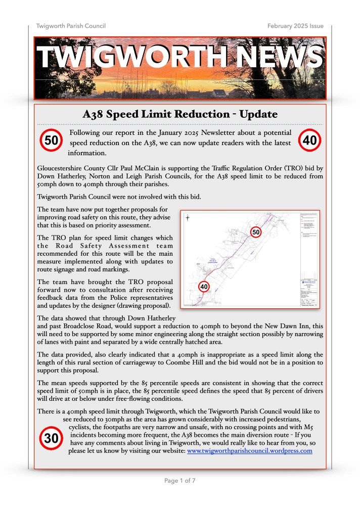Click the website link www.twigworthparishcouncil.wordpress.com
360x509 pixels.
(x=249, y=451)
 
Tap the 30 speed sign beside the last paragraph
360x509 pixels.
(x=52, y=439)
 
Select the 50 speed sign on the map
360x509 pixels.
(x=256, y=232)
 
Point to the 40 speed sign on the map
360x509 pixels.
(x=204, y=287)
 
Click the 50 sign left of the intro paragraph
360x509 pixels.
(x=51, y=141)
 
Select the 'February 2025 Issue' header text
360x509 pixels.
(x=296, y=26)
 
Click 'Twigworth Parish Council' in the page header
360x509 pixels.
(x=71, y=26)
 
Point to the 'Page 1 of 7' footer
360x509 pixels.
(x=180, y=481)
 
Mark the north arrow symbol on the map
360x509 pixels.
(x=187, y=218)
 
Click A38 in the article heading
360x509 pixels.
(x=94, y=115)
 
